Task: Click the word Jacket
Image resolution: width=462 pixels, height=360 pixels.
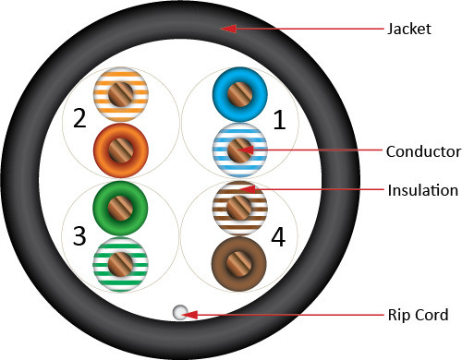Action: point(409,30)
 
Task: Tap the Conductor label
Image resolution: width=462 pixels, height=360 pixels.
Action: point(423,151)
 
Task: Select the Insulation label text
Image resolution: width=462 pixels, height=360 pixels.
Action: point(423,190)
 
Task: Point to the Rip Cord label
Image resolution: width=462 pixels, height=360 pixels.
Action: point(418,315)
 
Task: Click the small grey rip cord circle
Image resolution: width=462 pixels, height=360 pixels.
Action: point(180,312)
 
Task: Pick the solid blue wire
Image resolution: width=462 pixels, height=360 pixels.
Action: point(240,94)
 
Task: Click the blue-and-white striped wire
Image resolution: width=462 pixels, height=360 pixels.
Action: point(240,150)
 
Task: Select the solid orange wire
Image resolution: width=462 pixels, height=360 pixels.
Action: point(121,150)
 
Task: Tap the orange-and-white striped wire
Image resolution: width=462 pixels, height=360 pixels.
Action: point(121,94)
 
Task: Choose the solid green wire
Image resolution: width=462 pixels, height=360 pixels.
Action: point(120,208)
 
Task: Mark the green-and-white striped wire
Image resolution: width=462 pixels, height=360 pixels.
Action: point(120,264)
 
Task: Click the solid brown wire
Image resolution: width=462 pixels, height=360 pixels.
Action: point(239,264)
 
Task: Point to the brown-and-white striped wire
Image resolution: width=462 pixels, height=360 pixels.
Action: point(239,208)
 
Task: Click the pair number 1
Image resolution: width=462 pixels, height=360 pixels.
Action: point(279,120)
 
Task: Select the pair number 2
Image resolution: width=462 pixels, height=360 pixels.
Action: point(79,118)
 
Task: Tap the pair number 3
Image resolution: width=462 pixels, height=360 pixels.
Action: point(79,236)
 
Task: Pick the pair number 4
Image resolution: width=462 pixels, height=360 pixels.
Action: point(278,237)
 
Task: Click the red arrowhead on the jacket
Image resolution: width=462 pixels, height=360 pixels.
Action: point(228,29)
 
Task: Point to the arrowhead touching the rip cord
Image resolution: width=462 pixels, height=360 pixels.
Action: point(189,315)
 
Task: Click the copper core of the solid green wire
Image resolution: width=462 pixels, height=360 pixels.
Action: point(120,208)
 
